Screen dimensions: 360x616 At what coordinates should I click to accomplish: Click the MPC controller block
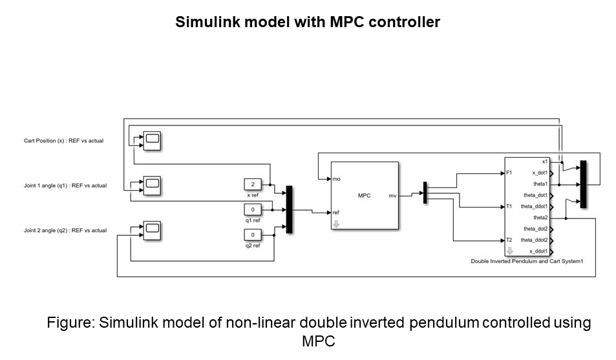click(364, 195)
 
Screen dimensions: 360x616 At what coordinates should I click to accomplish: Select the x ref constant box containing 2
click(253, 185)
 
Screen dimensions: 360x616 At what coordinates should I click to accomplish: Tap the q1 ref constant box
click(253, 209)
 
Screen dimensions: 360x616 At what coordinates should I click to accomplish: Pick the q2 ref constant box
click(253, 235)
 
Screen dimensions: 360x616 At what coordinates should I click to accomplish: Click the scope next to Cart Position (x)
click(152, 140)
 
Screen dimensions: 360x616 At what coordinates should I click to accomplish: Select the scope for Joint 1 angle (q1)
click(152, 185)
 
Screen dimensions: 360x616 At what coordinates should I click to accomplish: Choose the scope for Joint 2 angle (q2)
click(152, 229)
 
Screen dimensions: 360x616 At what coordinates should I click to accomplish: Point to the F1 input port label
click(510, 173)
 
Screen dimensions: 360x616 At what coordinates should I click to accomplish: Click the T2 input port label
click(510, 240)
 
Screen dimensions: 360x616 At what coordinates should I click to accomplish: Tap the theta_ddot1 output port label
click(535, 206)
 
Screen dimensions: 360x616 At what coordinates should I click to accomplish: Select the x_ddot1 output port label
click(538, 251)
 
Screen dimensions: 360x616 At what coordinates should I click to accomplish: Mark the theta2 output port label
click(540, 218)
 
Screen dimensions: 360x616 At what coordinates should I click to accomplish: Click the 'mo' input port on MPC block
click(336, 178)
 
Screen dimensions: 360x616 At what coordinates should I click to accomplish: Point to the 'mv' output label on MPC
click(392, 196)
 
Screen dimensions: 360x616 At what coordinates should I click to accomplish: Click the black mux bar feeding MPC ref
click(289, 209)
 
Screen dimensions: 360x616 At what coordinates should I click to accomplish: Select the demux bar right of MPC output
click(425, 193)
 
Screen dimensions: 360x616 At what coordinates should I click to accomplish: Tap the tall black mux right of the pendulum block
click(583, 184)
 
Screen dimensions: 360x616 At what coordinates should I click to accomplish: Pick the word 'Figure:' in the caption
click(70, 323)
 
